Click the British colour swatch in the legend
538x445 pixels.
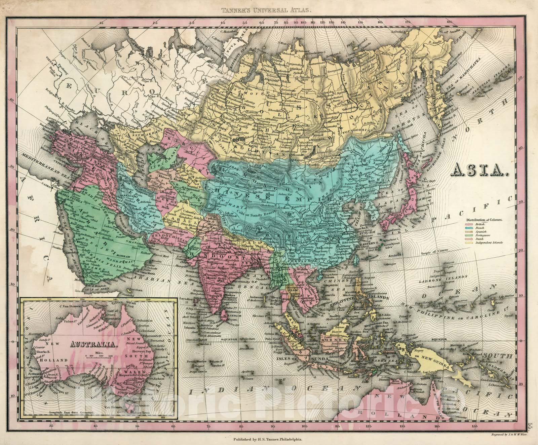[x=469, y=224]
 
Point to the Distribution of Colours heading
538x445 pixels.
[x=484, y=219]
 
